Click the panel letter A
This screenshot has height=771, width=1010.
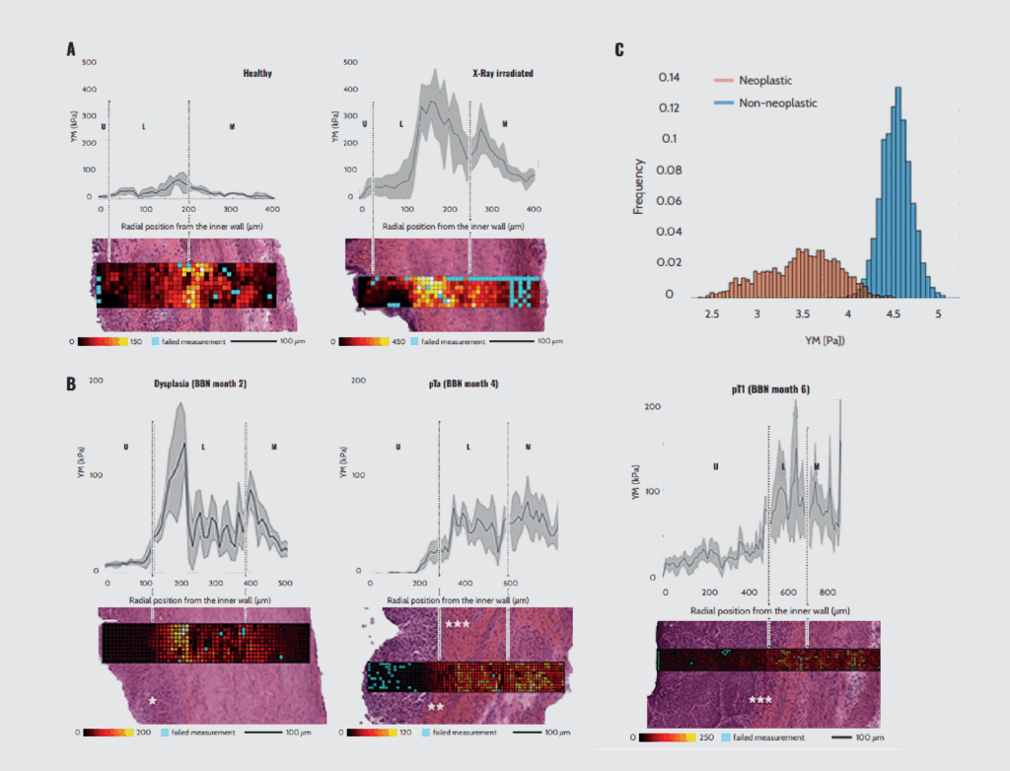point(71,48)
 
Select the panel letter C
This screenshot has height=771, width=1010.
point(619,48)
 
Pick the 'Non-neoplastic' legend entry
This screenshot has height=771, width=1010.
point(778,102)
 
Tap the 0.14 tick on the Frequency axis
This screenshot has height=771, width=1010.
point(669,76)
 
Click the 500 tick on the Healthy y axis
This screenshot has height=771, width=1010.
point(89,61)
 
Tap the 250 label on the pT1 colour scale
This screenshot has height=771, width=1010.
point(705,736)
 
